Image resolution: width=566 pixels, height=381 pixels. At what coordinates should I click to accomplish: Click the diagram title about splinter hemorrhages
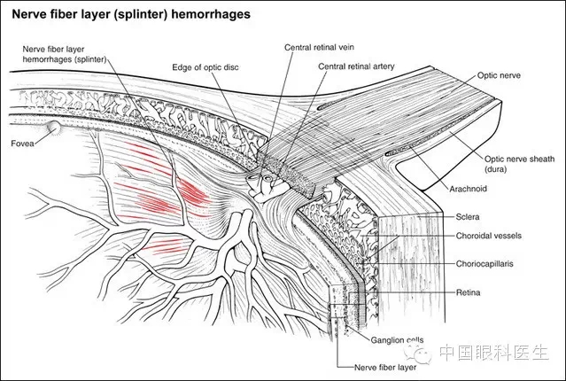(131, 14)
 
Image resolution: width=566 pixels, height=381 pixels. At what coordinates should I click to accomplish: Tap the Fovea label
(22, 144)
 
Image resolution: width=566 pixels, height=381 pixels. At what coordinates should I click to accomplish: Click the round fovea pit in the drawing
(54, 127)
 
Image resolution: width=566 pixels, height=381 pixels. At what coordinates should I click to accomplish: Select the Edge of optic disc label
(205, 67)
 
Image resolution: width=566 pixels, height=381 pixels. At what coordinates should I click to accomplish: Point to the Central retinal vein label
(319, 47)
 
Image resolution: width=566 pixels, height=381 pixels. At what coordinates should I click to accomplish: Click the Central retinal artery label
(356, 66)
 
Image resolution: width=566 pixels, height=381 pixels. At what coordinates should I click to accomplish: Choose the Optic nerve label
(499, 75)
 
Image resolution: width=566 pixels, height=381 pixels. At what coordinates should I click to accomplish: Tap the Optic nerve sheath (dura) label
(519, 164)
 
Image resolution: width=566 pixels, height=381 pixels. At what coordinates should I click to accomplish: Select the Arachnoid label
(469, 189)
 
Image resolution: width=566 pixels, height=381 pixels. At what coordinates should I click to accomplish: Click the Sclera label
(468, 217)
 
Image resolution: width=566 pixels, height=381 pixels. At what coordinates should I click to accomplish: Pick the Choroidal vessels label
(488, 236)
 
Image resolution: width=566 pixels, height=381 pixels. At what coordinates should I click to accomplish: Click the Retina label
(468, 292)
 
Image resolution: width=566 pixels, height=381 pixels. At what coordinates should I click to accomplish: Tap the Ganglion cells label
(397, 340)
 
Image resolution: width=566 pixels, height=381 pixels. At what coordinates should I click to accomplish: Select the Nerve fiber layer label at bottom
(385, 368)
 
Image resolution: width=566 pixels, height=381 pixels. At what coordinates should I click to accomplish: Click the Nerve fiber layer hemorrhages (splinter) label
(65, 54)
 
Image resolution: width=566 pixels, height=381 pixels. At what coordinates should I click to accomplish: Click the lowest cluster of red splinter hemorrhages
(164, 245)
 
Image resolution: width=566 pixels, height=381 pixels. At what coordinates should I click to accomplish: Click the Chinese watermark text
(493, 352)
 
